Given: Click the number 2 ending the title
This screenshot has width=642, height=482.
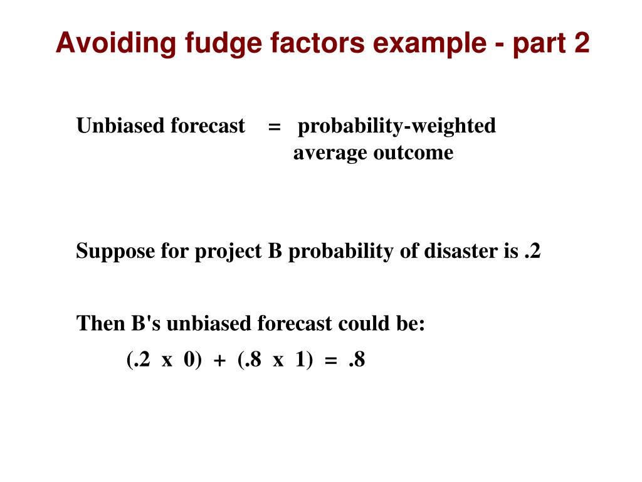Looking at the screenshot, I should [x=581, y=43].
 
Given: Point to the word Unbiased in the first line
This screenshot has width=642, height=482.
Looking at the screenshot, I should [x=112, y=126].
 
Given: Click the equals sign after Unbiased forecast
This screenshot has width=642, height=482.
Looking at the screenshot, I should [x=274, y=126].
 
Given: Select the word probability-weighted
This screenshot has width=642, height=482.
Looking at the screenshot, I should [x=396, y=126].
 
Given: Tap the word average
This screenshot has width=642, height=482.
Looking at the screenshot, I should [x=330, y=153].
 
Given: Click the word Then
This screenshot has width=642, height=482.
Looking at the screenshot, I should [x=100, y=324].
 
